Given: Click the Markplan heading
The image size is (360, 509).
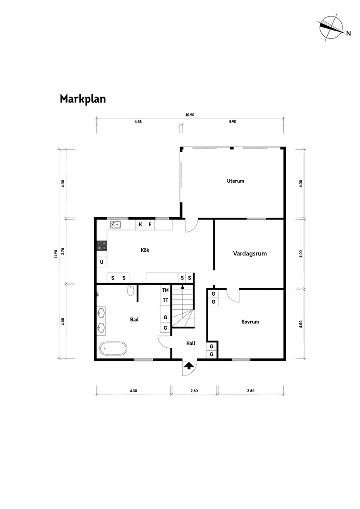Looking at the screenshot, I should pyautogui.click(x=82, y=99).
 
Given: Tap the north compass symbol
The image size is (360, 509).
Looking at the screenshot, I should pyautogui.click(x=330, y=27).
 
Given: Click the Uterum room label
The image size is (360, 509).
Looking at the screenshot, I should pyautogui.click(x=235, y=181).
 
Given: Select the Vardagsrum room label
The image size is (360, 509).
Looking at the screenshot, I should pyautogui.click(x=250, y=253).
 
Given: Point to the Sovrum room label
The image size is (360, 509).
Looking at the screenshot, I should pyautogui.click(x=250, y=322).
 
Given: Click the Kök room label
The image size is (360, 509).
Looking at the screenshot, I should pyautogui.click(x=145, y=250).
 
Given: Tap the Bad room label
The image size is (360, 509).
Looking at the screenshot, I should pyautogui.click(x=134, y=320).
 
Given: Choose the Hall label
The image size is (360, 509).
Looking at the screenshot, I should pyautogui.click(x=191, y=343).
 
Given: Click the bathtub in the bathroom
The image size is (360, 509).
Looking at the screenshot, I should pyautogui.click(x=113, y=349).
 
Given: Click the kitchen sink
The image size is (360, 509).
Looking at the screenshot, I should pyautogui.click(x=116, y=225).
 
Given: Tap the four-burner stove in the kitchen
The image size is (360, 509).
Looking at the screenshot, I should pyautogui.click(x=102, y=246).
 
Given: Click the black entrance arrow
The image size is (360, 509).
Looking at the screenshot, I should pyautogui.click(x=189, y=366).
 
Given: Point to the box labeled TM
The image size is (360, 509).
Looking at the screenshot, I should pyautogui.click(x=165, y=290).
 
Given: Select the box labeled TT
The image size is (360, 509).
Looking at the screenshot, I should pyautogui.click(x=165, y=301).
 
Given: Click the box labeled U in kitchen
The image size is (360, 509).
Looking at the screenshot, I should pyautogui.click(x=102, y=262).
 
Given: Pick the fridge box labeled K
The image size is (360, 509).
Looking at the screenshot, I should pyautogui.click(x=141, y=225).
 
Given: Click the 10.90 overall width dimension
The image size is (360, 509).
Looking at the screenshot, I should pyautogui.click(x=189, y=115).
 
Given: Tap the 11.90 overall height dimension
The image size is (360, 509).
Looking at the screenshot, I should pyautogui.click(x=56, y=254).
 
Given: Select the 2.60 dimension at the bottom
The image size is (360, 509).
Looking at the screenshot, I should pyautogui.click(x=194, y=391).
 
